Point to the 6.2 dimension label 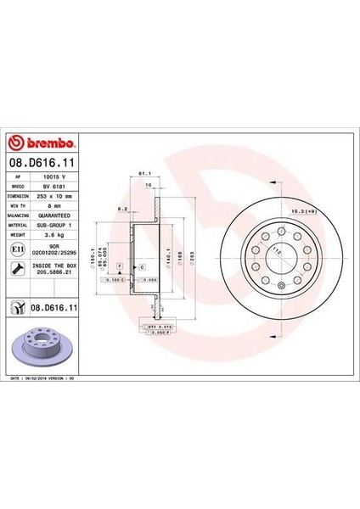tap(122, 206)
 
